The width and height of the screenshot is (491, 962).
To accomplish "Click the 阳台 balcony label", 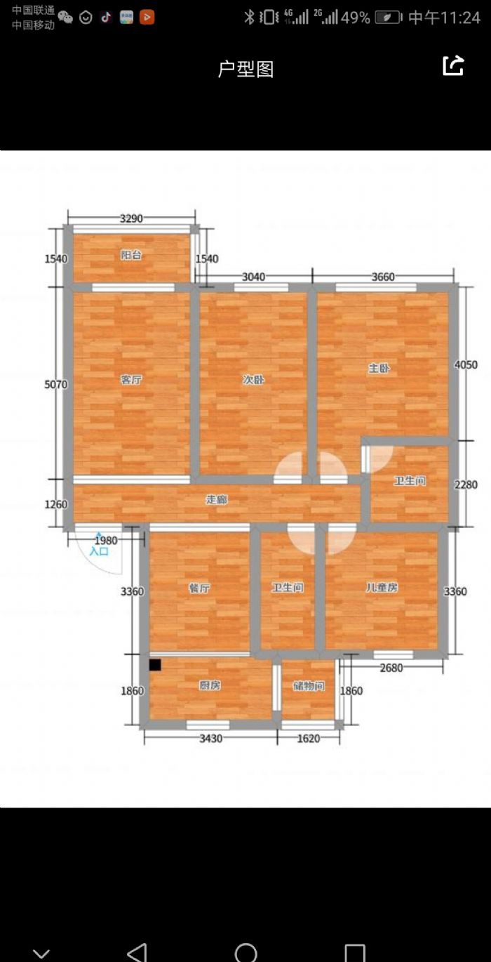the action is point(130,255).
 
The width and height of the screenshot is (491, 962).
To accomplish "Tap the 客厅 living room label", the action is point(131,380).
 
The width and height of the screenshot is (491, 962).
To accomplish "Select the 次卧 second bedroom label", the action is point(253,380).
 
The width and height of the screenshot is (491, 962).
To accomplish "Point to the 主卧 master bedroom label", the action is point(379,368).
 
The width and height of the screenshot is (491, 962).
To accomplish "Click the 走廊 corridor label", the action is point(217,499).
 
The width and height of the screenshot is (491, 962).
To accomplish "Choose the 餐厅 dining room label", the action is point(199,588).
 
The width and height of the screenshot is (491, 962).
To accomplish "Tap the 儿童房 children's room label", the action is point(382,586).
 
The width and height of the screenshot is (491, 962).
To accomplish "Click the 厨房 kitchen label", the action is point(210,685).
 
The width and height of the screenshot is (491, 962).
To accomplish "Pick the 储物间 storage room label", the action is point(309,686).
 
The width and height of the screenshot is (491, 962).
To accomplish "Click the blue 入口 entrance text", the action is point(99,551).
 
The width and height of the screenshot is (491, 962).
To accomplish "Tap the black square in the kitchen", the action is point(155,665).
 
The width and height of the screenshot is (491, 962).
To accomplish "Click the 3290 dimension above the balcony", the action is point(131,218).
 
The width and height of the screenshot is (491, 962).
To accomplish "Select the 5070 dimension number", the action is point(56,384).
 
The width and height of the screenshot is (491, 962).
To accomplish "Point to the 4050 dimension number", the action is point(466,364).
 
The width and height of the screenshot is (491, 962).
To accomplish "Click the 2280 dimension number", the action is point(466,485).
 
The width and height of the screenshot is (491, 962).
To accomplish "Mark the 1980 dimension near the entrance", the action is point(106,540).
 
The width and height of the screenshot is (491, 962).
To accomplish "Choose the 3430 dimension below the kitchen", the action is point(211,738).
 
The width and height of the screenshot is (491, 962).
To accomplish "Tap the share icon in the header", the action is point(453,66).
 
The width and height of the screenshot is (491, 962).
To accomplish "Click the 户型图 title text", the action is point(245,69).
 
